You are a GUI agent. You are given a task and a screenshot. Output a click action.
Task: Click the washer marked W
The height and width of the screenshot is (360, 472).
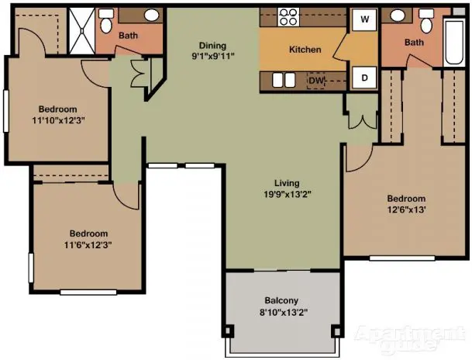[x=364, y=19]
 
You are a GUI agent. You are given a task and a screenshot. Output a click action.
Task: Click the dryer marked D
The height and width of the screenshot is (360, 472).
[x=364, y=78]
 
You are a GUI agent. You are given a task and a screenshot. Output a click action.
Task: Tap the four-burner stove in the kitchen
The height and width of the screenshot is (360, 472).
[x=288, y=17]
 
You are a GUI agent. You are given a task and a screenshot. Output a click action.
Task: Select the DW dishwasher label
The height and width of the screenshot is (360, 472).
[x=316, y=81]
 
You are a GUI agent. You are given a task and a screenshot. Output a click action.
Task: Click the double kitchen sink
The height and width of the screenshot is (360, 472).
[x=284, y=80]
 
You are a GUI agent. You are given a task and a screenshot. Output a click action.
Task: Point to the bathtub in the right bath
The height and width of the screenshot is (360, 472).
[x=454, y=42]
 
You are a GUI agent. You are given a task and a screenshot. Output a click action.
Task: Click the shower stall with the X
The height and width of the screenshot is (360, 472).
[x=82, y=31]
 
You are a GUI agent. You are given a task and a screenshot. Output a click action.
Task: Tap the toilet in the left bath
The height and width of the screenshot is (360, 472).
[x=106, y=20]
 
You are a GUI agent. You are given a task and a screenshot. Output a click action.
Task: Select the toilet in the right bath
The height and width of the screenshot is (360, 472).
[x=426, y=21]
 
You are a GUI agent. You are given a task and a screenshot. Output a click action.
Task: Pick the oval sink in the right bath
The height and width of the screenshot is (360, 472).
[x=398, y=15]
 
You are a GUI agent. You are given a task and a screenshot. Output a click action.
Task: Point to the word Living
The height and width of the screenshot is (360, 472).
[x=287, y=183]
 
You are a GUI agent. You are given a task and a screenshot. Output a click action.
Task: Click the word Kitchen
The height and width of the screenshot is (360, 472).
[x=305, y=50]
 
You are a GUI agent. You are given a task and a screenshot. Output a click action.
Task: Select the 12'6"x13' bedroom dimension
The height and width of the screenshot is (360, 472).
[x=406, y=209]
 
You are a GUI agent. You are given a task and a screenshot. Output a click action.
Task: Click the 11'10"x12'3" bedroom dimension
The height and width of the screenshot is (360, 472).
[x=58, y=120]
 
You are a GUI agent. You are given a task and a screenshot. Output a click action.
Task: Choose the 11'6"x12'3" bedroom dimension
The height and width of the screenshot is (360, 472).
[x=88, y=244]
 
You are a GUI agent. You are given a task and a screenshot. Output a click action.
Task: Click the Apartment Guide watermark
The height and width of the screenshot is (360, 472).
[x=410, y=338]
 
